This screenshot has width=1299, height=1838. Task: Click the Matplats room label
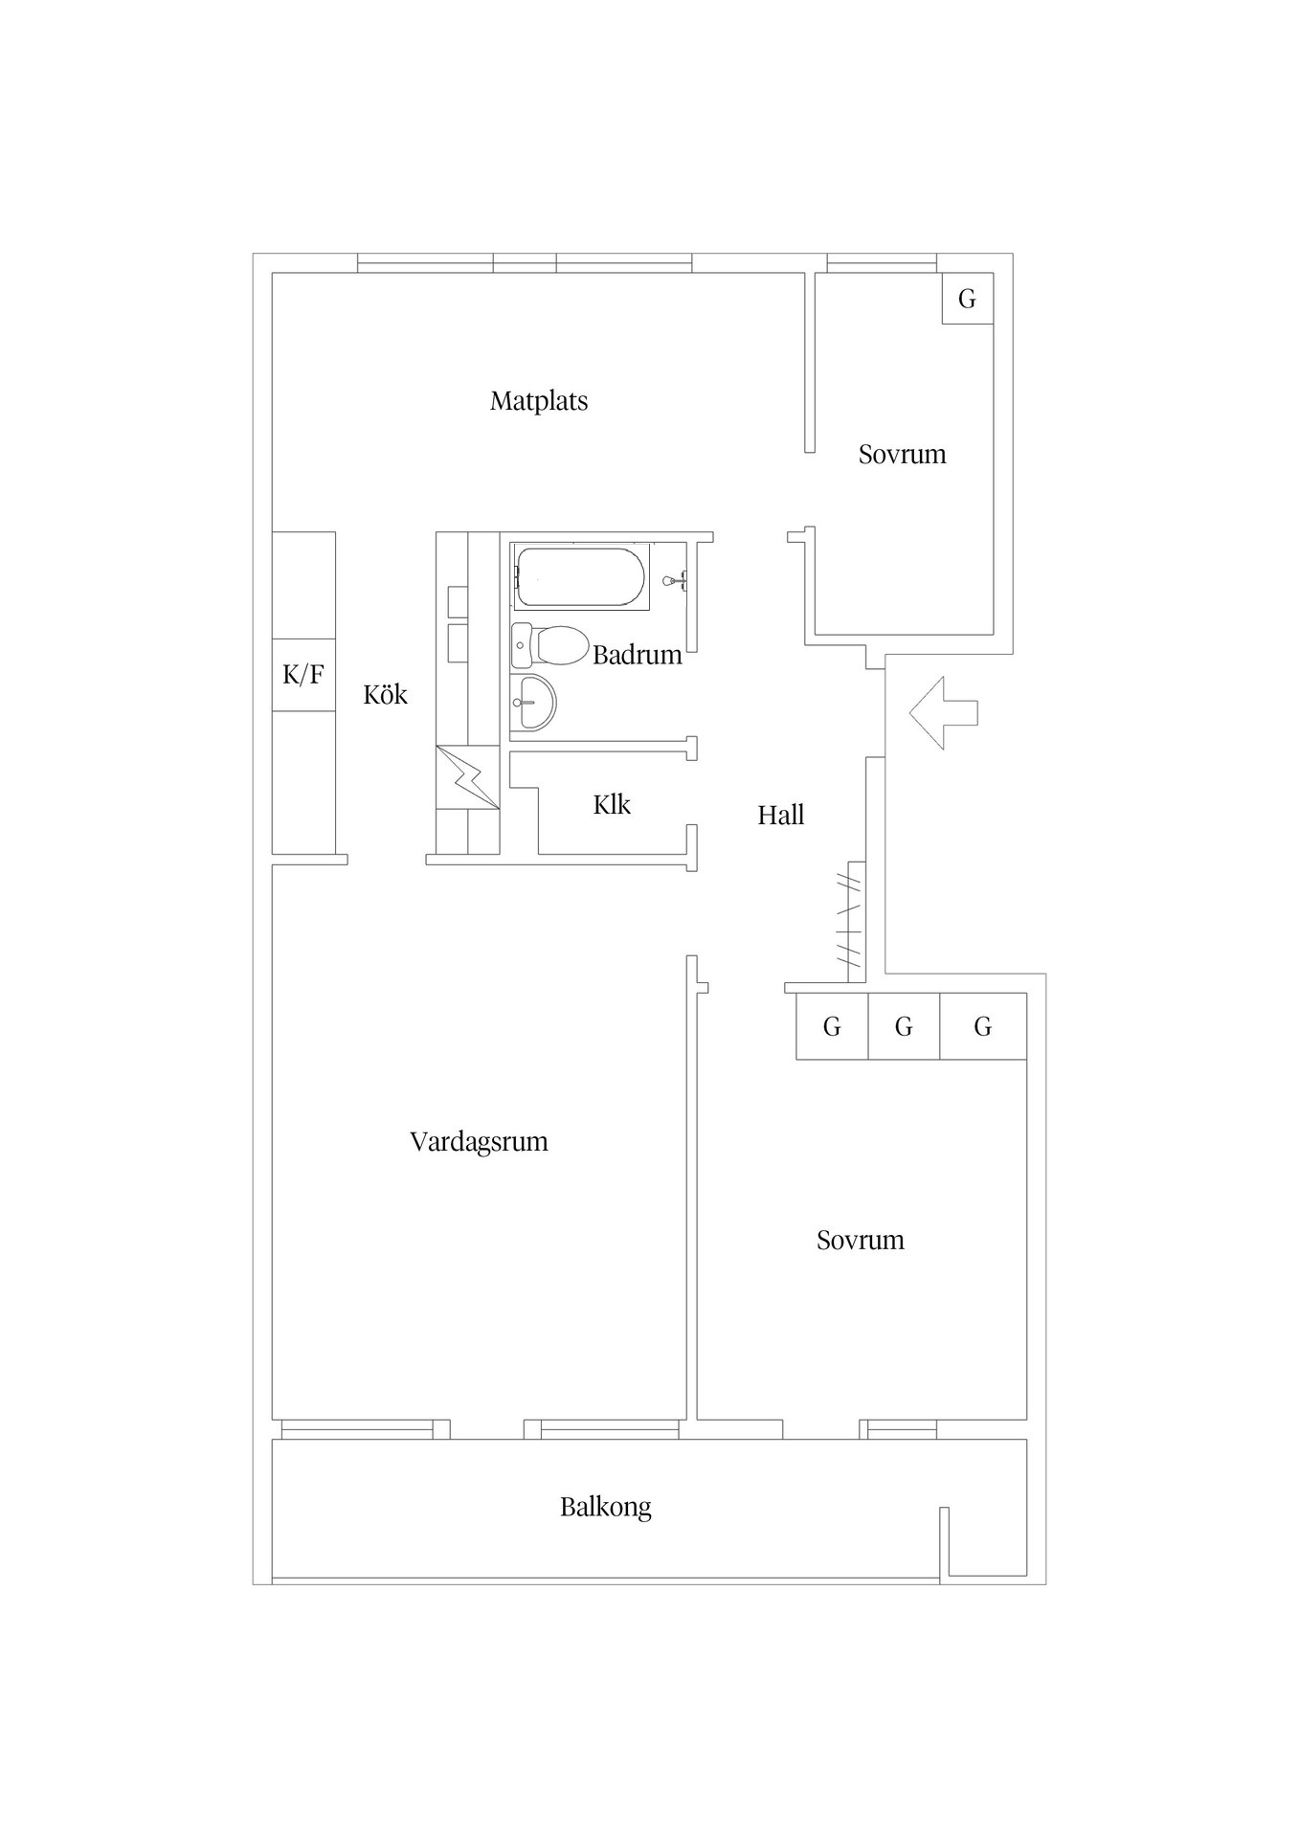pyautogui.click(x=539, y=400)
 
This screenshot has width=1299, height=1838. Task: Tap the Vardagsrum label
pyautogui.click(x=479, y=1141)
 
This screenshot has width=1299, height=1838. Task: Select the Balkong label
pyautogui.click(x=605, y=1507)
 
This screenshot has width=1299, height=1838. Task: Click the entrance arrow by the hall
pyautogui.click(x=943, y=712)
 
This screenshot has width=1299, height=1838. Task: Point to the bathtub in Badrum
pyautogui.click(x=581, y=577)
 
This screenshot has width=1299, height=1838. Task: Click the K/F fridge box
pyautogui.click(x=303, y=675)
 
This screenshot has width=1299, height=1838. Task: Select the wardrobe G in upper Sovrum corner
pyautogui.click(x=967, y=299)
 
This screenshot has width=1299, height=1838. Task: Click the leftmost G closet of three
pyautogui.click(x=832, y=1026)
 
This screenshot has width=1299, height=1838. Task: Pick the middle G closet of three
pyautogui.click(x=904, y=1026)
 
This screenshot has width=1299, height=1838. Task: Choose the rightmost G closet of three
pyautogui.click(x=983, y=1026)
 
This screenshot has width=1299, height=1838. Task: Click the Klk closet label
pyautogui.click(x=612, y=804)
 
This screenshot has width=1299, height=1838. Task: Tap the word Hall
pyautogui.click(x=780, y=815)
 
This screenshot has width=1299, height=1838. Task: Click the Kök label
pyautogui.click(x=385, y=694)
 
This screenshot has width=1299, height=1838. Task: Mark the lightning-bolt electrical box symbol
pyautogui.click(x=467, y=776)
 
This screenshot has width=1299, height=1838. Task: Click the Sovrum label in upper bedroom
pyautogui.click(x=902, y=454)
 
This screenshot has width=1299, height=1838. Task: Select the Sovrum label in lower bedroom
pyautogui.click(x=860, y=1240)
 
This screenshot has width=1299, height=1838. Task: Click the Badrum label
pyautogui.click(x=637, y=655)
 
